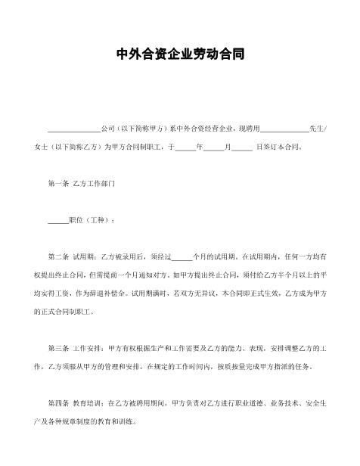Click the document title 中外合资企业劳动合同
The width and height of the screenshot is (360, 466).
pos(180,55)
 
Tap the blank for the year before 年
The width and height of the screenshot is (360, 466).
pos(185,148)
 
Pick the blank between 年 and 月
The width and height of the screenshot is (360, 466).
pos(214,148)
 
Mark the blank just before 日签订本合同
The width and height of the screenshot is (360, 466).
pos(242,148)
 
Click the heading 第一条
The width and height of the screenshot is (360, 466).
pos(57,184)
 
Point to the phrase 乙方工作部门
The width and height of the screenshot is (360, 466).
pos(94,184)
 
